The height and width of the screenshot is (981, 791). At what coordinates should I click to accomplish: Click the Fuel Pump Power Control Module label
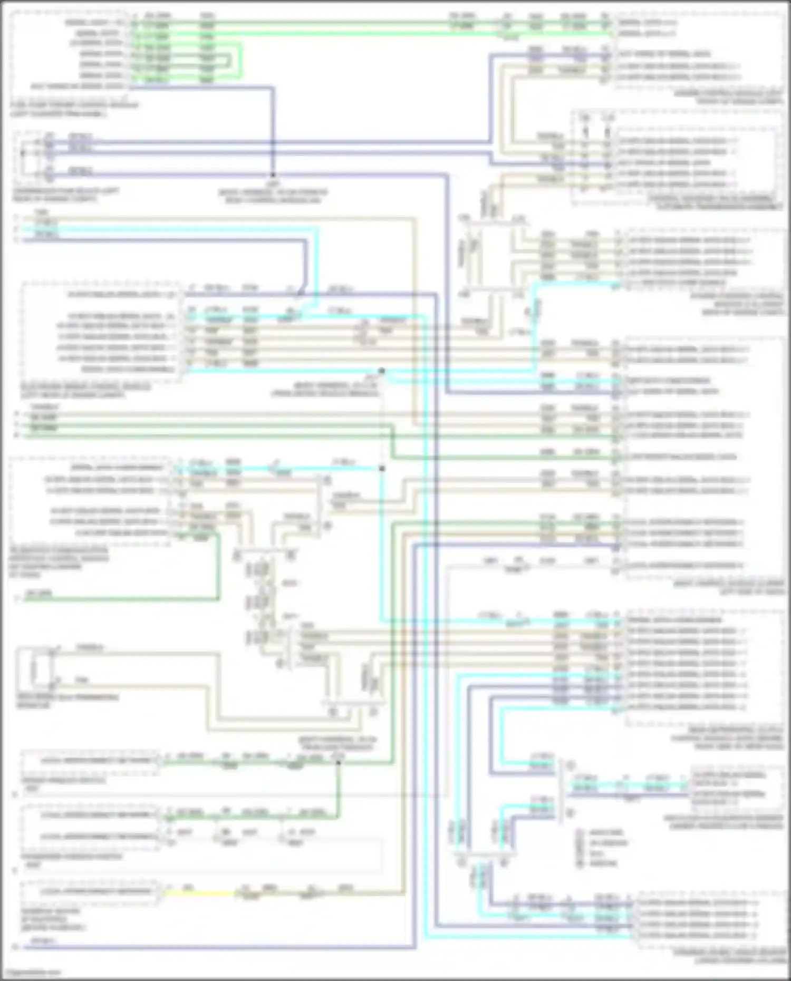pos(74,109)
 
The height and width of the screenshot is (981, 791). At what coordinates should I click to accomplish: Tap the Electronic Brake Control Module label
pos(84,391)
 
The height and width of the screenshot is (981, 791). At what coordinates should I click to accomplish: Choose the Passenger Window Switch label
pos(71,857)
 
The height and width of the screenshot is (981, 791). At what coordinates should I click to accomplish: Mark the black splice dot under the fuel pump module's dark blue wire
pos(273,175)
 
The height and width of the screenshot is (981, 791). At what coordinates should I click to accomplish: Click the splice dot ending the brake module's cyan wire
pos(382,371)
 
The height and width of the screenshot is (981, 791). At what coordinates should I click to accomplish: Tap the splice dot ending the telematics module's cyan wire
pos(382,468)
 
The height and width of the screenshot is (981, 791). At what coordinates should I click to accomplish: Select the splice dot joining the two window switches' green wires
pos(338,762)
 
